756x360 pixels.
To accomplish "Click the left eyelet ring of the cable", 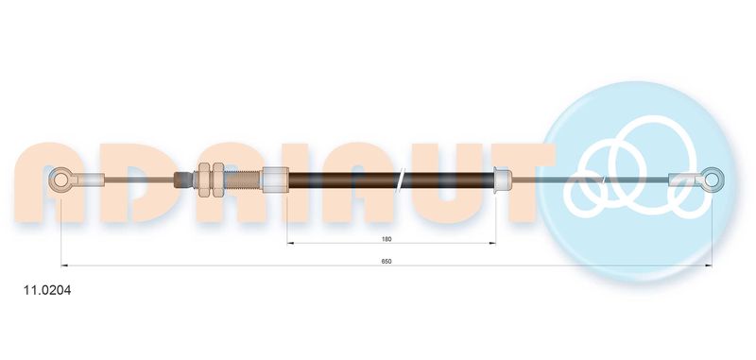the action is tap(53, 180).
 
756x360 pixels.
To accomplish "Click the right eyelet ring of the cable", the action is tap(720, 180).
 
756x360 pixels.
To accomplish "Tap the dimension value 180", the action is tap(387, 238).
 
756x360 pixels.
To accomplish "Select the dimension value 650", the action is tap(387, 261).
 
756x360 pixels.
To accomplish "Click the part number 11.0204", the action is tap(47, 291).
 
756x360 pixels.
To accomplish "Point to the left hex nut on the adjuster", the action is tap(203, 180).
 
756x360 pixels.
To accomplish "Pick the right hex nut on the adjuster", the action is tap(218, 180).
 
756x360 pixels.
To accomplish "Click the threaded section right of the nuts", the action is tap(243, 180).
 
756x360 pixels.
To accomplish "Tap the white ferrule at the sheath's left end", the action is tap(275, 180).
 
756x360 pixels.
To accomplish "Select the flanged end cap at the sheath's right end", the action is tap(503, 180).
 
